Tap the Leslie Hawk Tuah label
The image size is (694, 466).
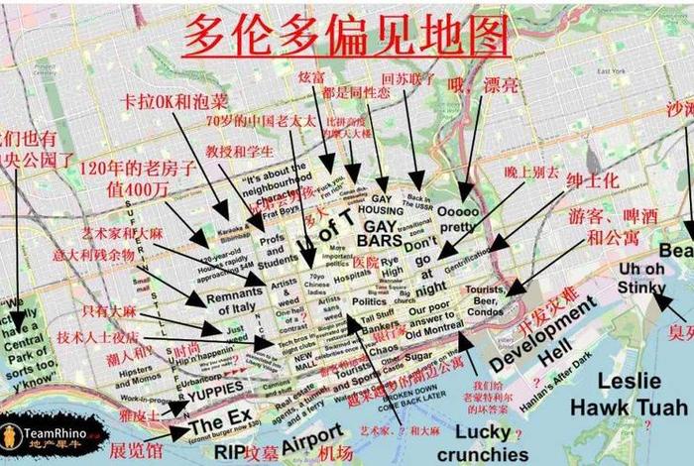click(642, 394)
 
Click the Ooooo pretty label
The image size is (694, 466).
click(457, 219)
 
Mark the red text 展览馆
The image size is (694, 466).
click(135, 449)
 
